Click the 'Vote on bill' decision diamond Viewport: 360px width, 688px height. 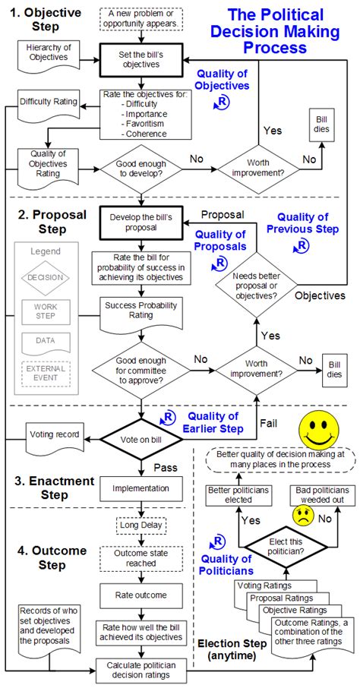tap(141, 440)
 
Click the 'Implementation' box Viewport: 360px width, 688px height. tap(141, 488)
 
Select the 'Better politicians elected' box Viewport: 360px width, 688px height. tap(238, 496)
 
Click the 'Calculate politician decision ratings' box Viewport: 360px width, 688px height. tap(141, 667)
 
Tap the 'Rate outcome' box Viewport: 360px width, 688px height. tap(141, 595)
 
